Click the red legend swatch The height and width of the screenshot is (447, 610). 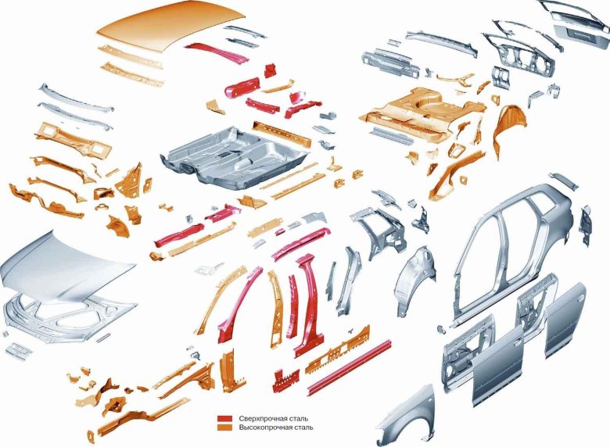click(225, 419)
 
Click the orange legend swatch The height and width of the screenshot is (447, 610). click(225, 427)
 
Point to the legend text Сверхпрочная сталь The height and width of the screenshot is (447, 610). click(274, 419)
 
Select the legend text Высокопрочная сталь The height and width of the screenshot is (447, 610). click(276, 427)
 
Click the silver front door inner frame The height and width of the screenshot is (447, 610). click(467, 352)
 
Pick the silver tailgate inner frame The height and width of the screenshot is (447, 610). click(519, 55)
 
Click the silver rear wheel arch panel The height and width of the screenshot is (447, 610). click(414, 280)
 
